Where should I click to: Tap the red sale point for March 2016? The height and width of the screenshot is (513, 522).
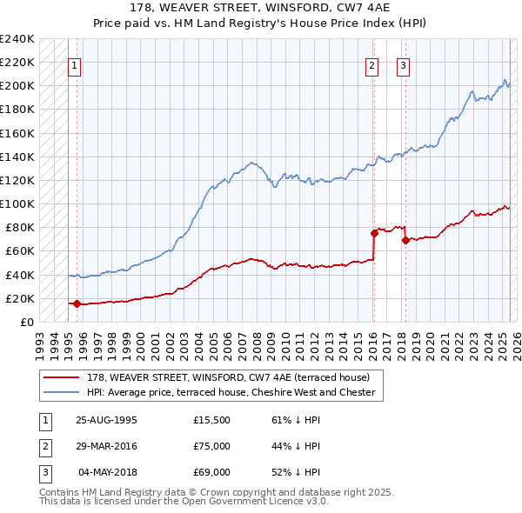click(x=374, y=233)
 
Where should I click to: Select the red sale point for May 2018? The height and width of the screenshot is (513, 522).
click(x=405, y=240)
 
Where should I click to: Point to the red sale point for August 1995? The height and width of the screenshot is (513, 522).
click(x=77, y=303)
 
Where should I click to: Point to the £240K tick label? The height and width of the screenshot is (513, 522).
click(x=17, y=39)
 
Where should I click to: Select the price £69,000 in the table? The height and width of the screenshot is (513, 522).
click(x=211, y=472)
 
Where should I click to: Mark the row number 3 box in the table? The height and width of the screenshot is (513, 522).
click(x=44, y=472)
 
